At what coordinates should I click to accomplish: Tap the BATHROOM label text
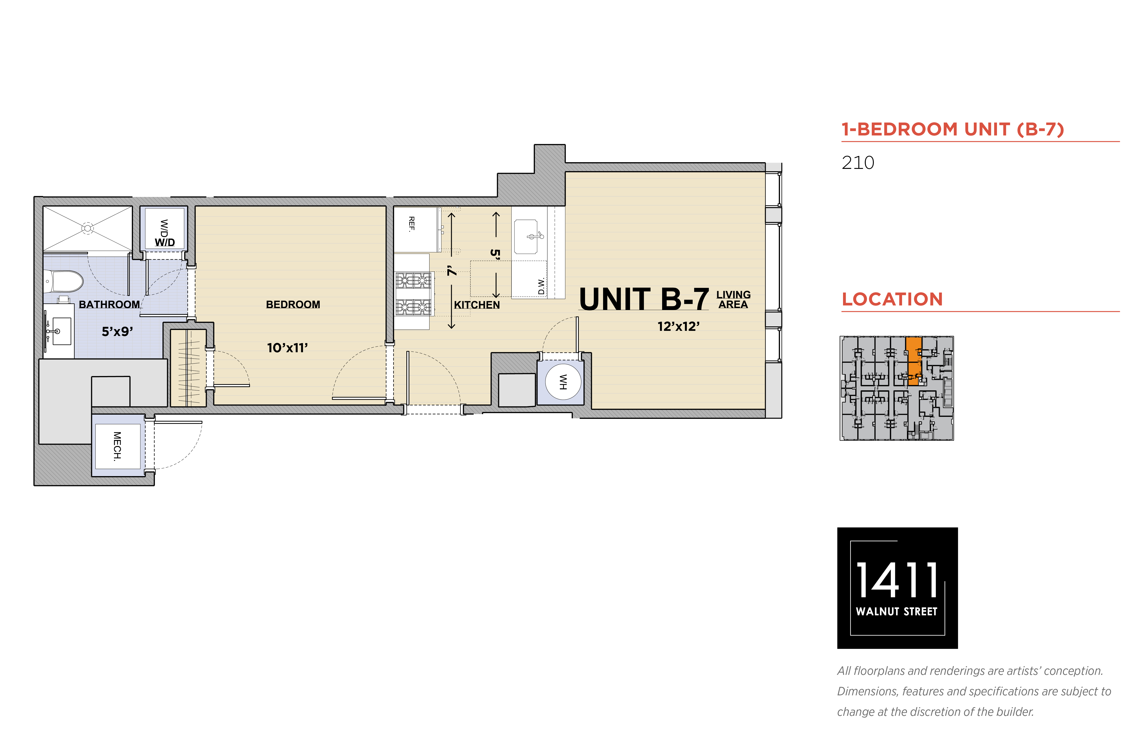(109, 304)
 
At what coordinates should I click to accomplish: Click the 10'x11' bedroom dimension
(287, 348)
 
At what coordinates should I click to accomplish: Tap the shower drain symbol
(87, 228)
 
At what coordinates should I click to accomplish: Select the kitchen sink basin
(526, 236)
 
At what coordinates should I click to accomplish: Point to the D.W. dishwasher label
(541, 286)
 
